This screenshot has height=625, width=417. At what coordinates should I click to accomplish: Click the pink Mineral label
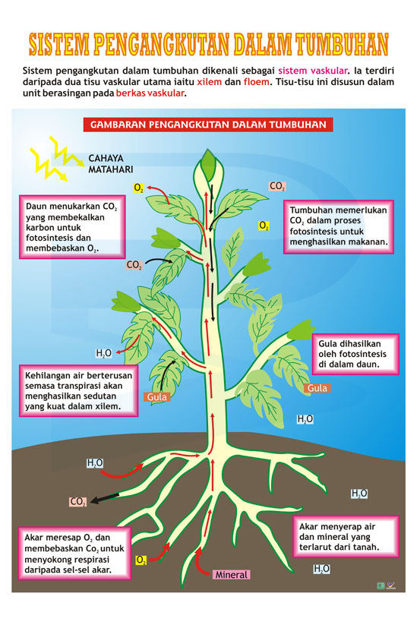(x=231, y=574)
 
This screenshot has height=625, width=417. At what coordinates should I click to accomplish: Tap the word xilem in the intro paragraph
(x=209, y=82)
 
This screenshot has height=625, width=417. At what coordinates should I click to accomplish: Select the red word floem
(x=257, y=82)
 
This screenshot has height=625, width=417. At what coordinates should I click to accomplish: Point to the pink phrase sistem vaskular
(x=313, y=71)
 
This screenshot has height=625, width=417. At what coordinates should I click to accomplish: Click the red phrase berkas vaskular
(x=150, y=93)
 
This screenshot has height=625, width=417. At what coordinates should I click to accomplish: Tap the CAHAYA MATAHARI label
(x=110, y=164)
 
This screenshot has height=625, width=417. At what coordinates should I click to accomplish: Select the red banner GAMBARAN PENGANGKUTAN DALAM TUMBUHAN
(x=208, y=125)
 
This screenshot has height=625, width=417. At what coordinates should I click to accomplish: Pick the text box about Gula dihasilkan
(x=355, y=354)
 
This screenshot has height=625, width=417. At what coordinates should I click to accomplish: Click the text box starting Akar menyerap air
(x=346, y=536)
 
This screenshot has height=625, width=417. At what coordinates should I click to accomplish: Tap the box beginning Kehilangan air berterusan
(x=78, y=391)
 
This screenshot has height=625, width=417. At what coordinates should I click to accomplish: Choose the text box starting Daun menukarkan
(x=72, y=227)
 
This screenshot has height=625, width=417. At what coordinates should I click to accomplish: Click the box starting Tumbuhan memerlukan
(x=339, y=226)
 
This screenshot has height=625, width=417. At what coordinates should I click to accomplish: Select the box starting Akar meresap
(x=74, y=554)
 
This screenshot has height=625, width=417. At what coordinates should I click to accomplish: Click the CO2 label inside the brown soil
(x=78, y=501)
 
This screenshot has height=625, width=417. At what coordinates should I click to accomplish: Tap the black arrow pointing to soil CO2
(x=105, y=498)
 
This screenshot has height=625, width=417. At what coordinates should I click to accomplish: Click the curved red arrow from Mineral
(x=200, y=563)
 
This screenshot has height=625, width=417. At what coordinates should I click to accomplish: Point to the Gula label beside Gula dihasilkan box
(x=317, y=388)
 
